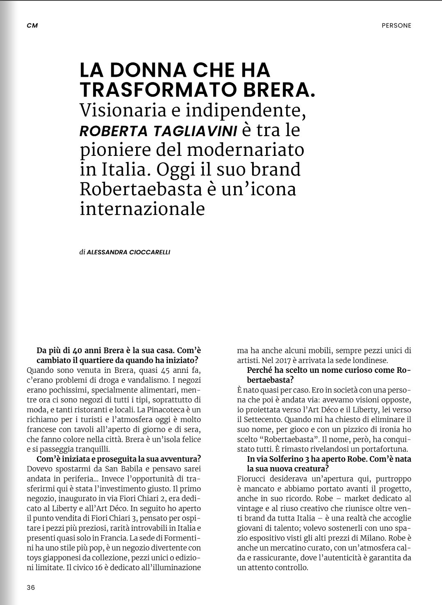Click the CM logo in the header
[32, 25]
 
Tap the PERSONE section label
[396, 25]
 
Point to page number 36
[31, 587]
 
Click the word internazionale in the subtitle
[142, 208]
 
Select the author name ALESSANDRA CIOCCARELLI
[128, 252]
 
